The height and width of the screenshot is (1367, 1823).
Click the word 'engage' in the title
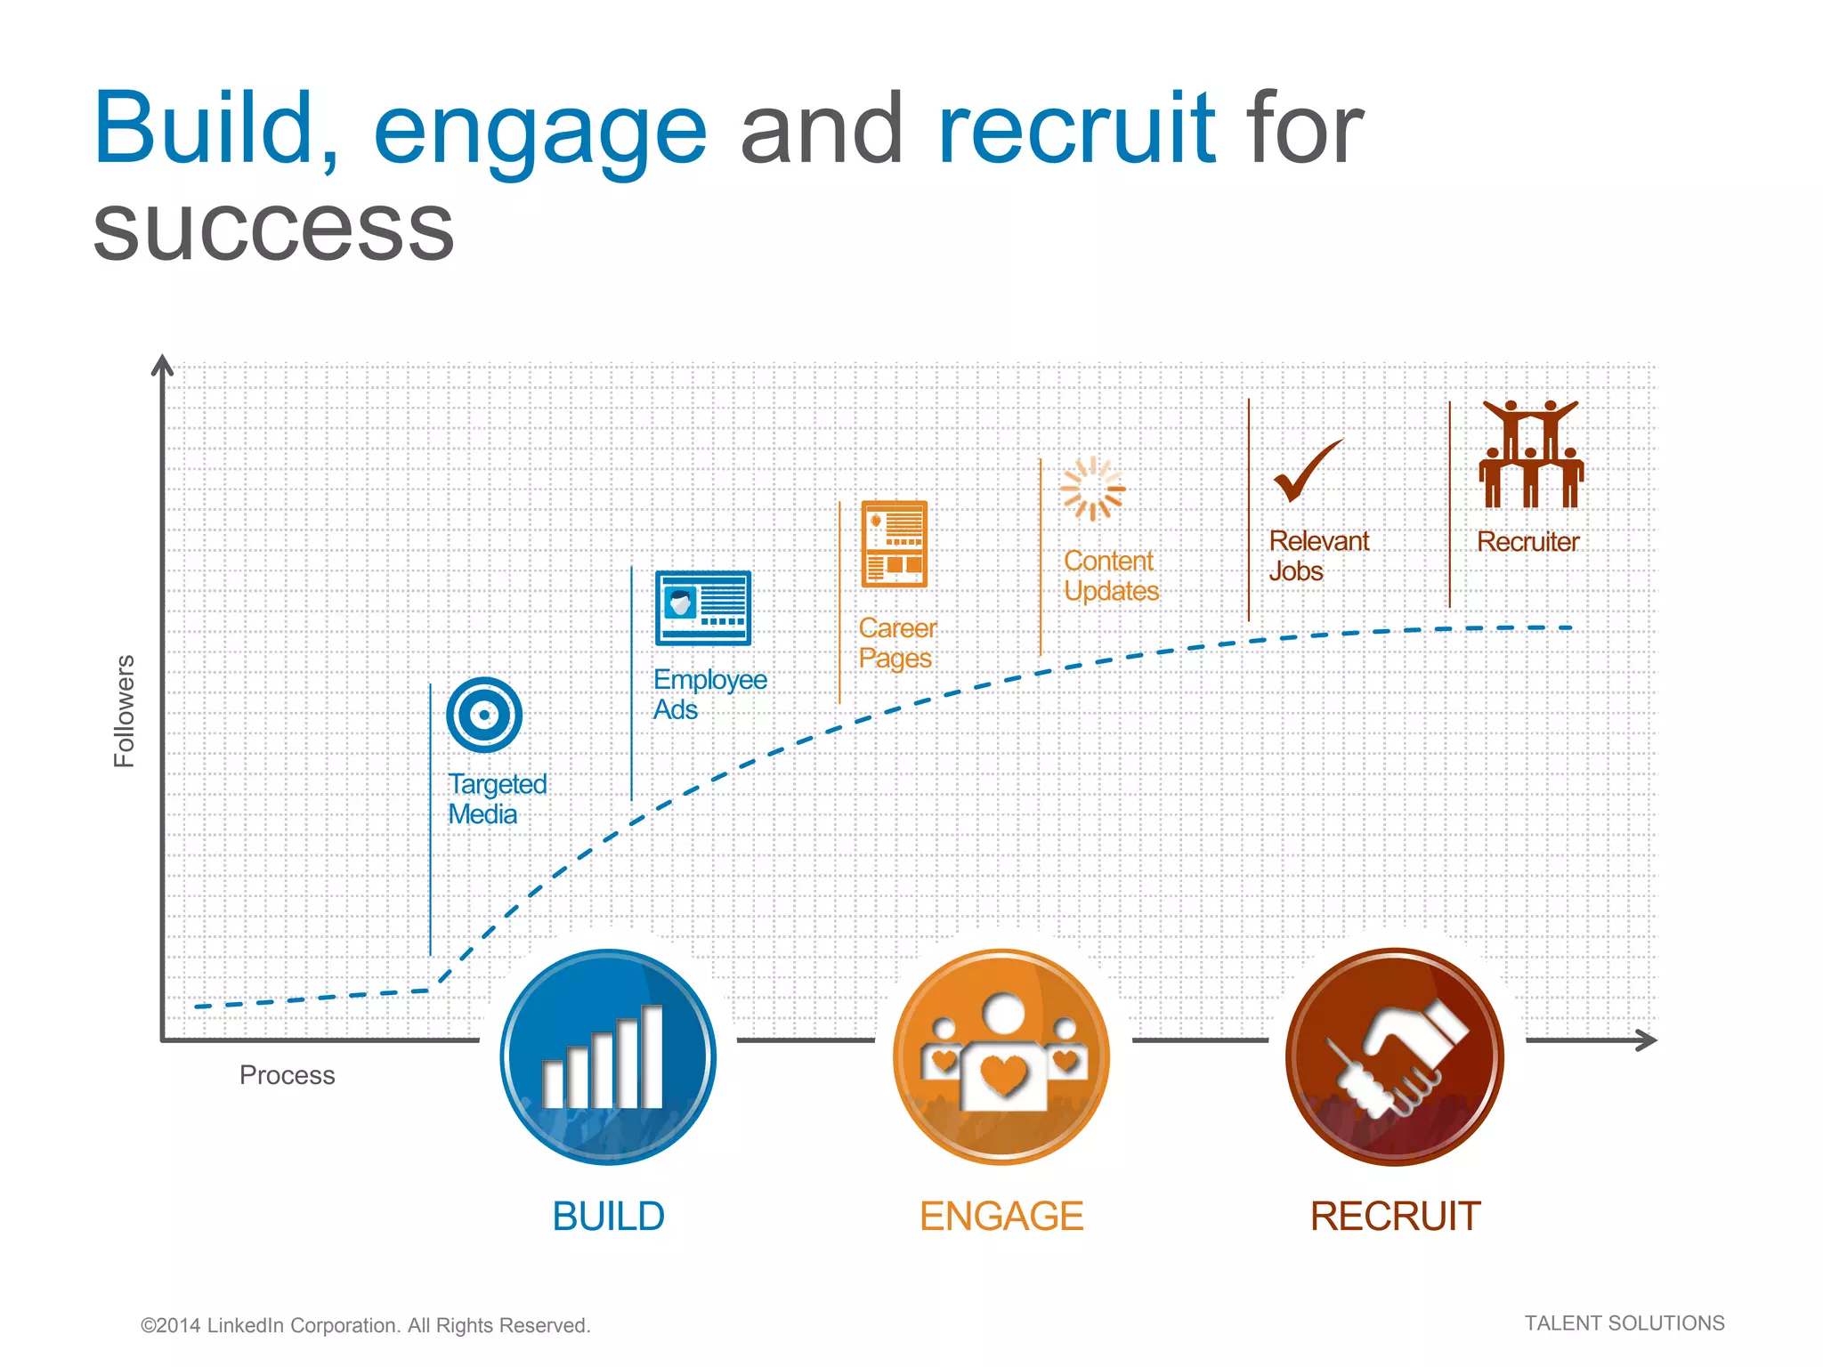point(539,133)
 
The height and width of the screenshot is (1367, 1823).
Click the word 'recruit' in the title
point(1076,129)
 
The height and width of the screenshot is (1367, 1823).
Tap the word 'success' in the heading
point(273,230)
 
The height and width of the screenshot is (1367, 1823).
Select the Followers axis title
point(124,711)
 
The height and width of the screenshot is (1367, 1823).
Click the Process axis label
point(287,1075)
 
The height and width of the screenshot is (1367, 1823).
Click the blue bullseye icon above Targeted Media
point(483,714)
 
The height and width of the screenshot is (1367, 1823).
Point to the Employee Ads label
point(709,694)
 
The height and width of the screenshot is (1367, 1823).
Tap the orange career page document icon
point(894,544)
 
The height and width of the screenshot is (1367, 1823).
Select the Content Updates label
point(1110,576)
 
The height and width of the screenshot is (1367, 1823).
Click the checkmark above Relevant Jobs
point(1306,472)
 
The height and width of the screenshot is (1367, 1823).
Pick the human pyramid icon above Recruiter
point(1530,454)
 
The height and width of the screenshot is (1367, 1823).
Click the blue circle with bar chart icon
point(608,1056)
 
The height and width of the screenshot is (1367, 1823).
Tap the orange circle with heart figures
point(1001,1056)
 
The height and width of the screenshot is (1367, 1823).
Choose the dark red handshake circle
point(1394,1056)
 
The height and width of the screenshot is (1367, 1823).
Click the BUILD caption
point(608,1216)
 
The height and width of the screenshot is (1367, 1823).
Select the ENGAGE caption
point(1001,1216)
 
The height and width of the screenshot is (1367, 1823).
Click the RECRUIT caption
point(1395,1216)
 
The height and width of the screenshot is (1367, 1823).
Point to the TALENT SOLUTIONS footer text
point(1624,1323)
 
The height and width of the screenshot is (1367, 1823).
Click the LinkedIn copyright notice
point(365,1325)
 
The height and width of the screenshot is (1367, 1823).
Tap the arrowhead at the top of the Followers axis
point(162,364)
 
